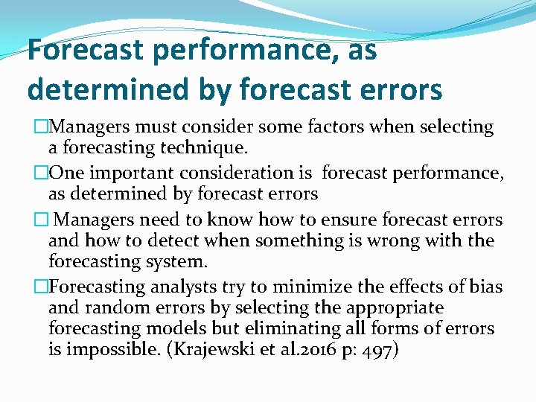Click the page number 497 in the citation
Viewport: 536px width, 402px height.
click(x=380, y=349)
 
